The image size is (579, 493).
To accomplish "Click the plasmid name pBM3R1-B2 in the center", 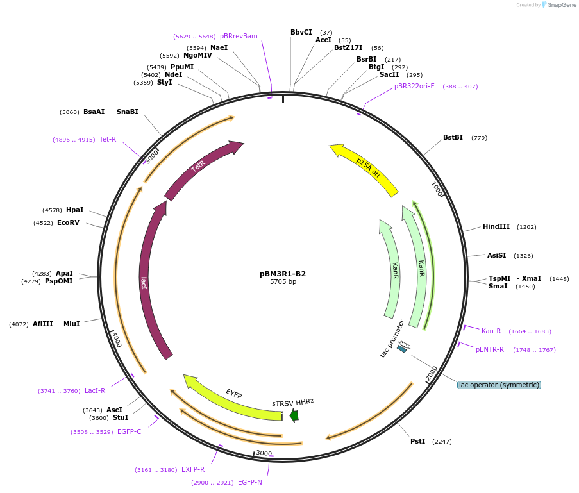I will (283, 274).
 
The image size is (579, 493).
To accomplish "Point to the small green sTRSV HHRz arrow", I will (294, 415).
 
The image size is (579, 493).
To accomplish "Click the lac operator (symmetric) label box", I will (499, 385).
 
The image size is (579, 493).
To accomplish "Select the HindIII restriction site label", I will (496, 226).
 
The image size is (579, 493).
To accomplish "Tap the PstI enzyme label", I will (417, 441).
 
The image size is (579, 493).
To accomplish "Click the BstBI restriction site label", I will (453, 137).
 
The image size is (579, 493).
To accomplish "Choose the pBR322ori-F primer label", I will (414, 86).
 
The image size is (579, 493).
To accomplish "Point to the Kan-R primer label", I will (491, 331).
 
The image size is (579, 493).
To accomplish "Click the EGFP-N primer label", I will (250, 482).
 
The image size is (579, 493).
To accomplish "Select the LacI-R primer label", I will (95, 390).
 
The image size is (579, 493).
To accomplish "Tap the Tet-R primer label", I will (108, 139).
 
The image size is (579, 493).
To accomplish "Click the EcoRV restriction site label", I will (68, 222).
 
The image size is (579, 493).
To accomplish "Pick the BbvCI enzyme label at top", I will (301, 32).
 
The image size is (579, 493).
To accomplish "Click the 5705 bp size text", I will (283, 282).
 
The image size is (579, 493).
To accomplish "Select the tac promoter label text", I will (392, 338).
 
